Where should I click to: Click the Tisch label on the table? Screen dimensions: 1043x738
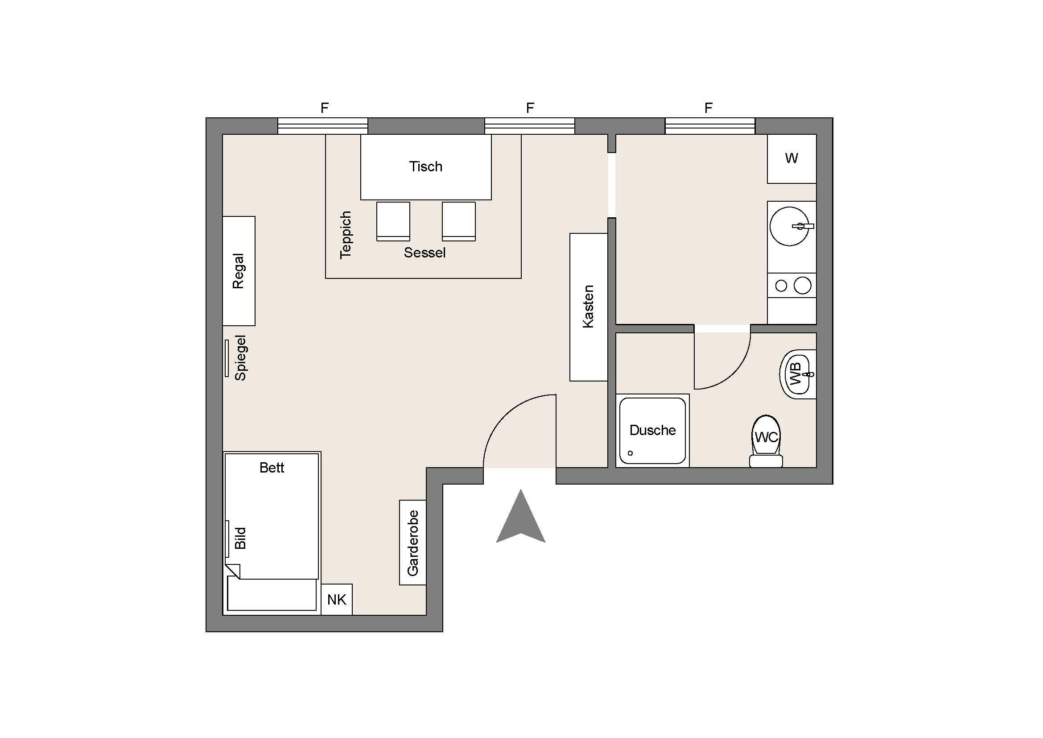coord(426,167)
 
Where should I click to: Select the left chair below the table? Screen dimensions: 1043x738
coord(393,221)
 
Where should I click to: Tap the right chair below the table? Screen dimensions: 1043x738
coord(459,221)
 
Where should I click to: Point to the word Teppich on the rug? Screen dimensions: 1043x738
coord(346,235)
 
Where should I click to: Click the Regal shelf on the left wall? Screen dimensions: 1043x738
coord(239,271)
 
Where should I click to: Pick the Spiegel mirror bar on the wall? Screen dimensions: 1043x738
coord(227,358)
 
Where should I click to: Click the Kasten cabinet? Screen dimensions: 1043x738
coord(589,307)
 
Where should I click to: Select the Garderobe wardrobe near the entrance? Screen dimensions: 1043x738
coord(412,543)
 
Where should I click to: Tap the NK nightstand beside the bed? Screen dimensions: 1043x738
coord(337,599)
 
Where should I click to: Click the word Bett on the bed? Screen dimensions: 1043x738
coord(272,468)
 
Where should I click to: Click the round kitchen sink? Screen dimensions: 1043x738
coord(790,226)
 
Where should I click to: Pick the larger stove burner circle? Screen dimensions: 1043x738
coord(803,286)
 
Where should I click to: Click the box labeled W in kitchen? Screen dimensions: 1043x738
coord(792,158)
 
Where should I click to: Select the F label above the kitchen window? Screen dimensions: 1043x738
coord(709,108)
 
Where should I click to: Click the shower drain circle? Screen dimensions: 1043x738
coord(630,453)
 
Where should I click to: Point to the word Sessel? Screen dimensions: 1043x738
coord(425,253)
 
